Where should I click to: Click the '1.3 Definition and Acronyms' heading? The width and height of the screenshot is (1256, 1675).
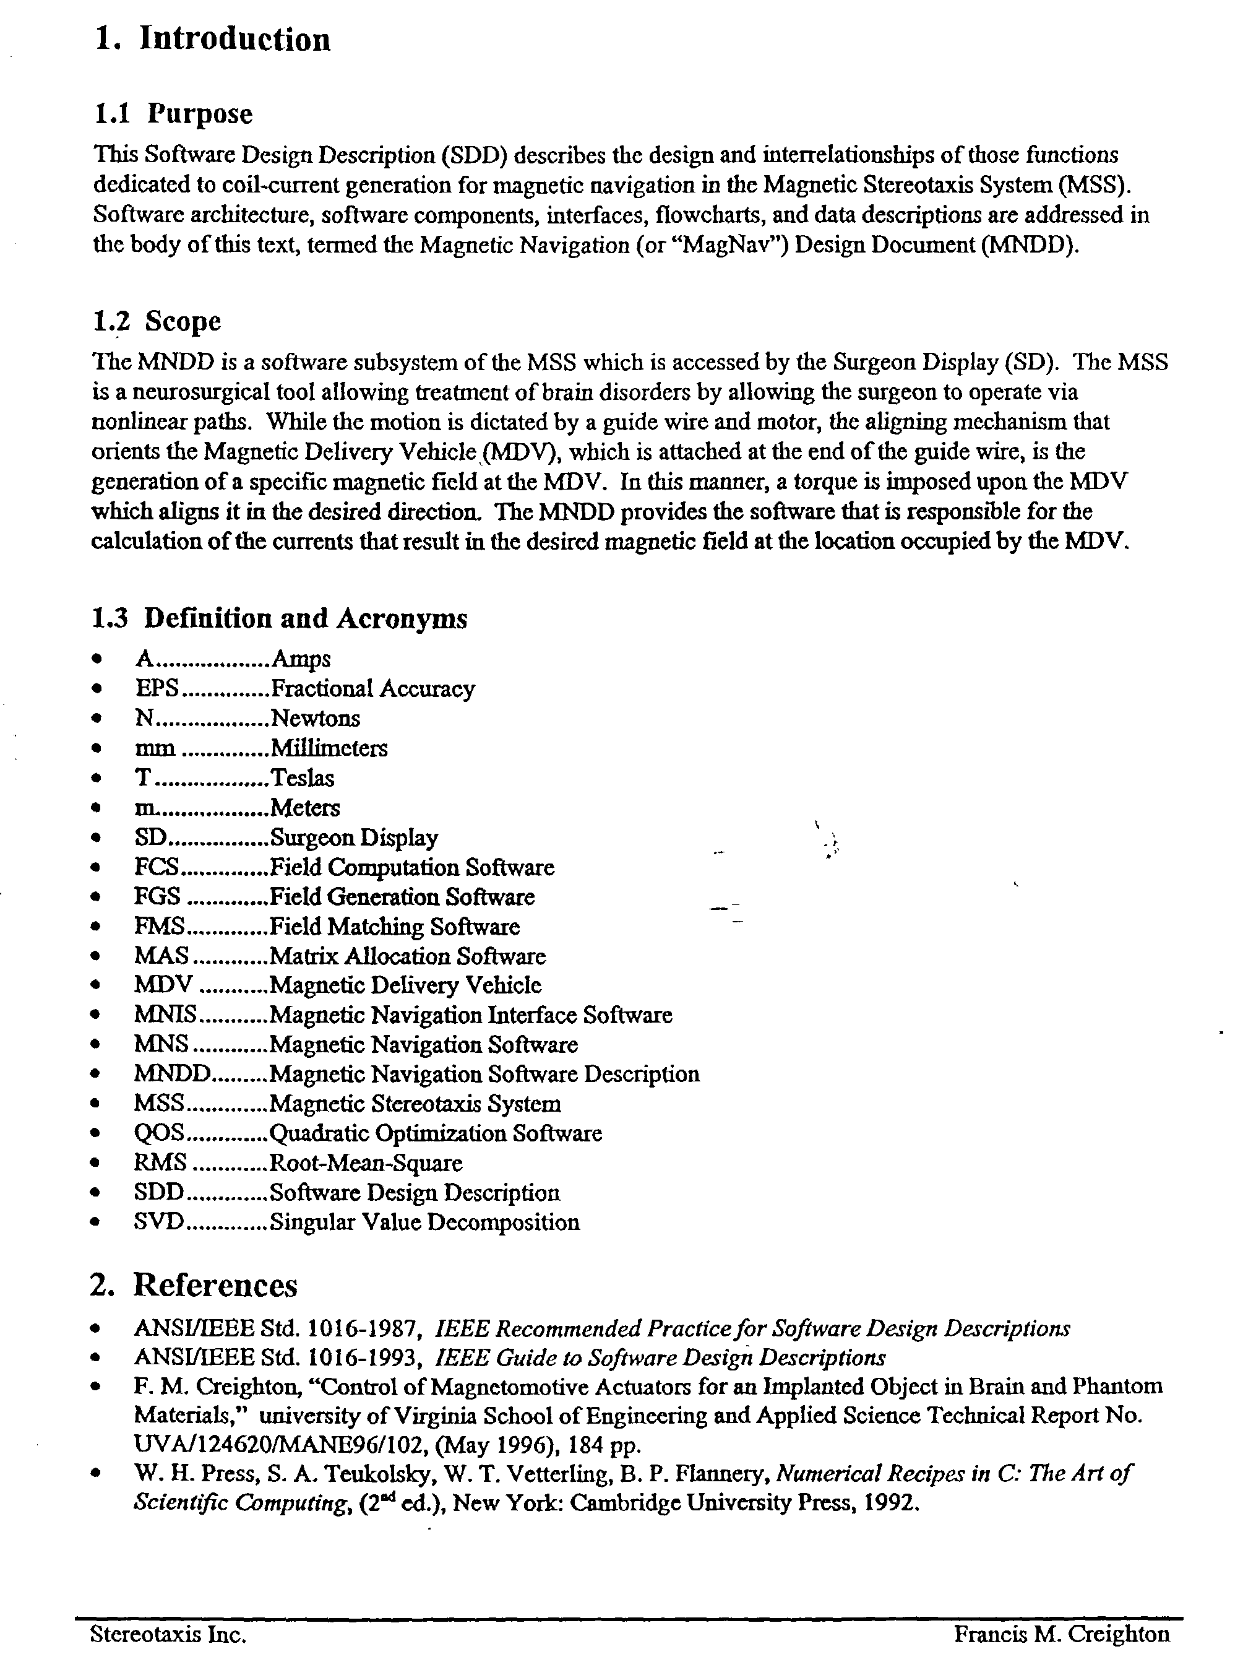[280, 618]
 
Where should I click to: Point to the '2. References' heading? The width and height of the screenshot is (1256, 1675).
[194, 1285]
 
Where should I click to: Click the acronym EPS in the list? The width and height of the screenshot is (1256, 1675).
[157, 688]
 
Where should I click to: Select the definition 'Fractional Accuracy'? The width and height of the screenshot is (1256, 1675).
[372, 688]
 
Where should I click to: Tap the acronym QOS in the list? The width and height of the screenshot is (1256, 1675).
[158, 1133]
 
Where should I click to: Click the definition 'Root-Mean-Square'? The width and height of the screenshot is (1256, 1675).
[366, 1163]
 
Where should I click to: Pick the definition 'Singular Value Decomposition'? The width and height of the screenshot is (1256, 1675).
[424, 1222]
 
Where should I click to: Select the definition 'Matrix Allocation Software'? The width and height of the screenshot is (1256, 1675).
[407, 956]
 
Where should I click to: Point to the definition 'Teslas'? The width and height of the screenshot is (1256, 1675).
[302, 777]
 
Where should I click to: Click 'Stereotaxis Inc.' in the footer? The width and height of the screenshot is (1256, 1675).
[168, 1655]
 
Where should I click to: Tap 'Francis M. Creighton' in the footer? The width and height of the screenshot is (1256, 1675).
[1062, 1655]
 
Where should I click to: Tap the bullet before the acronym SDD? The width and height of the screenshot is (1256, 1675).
[95, 1193]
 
